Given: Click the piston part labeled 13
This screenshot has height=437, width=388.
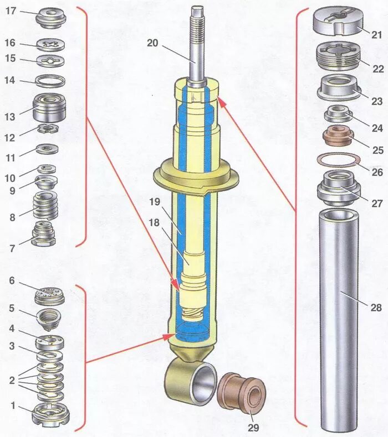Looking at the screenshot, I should (50, 108).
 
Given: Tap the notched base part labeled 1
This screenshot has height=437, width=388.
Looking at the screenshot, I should (50, 413).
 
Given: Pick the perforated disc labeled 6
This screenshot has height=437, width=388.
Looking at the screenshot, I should (50, 295).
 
